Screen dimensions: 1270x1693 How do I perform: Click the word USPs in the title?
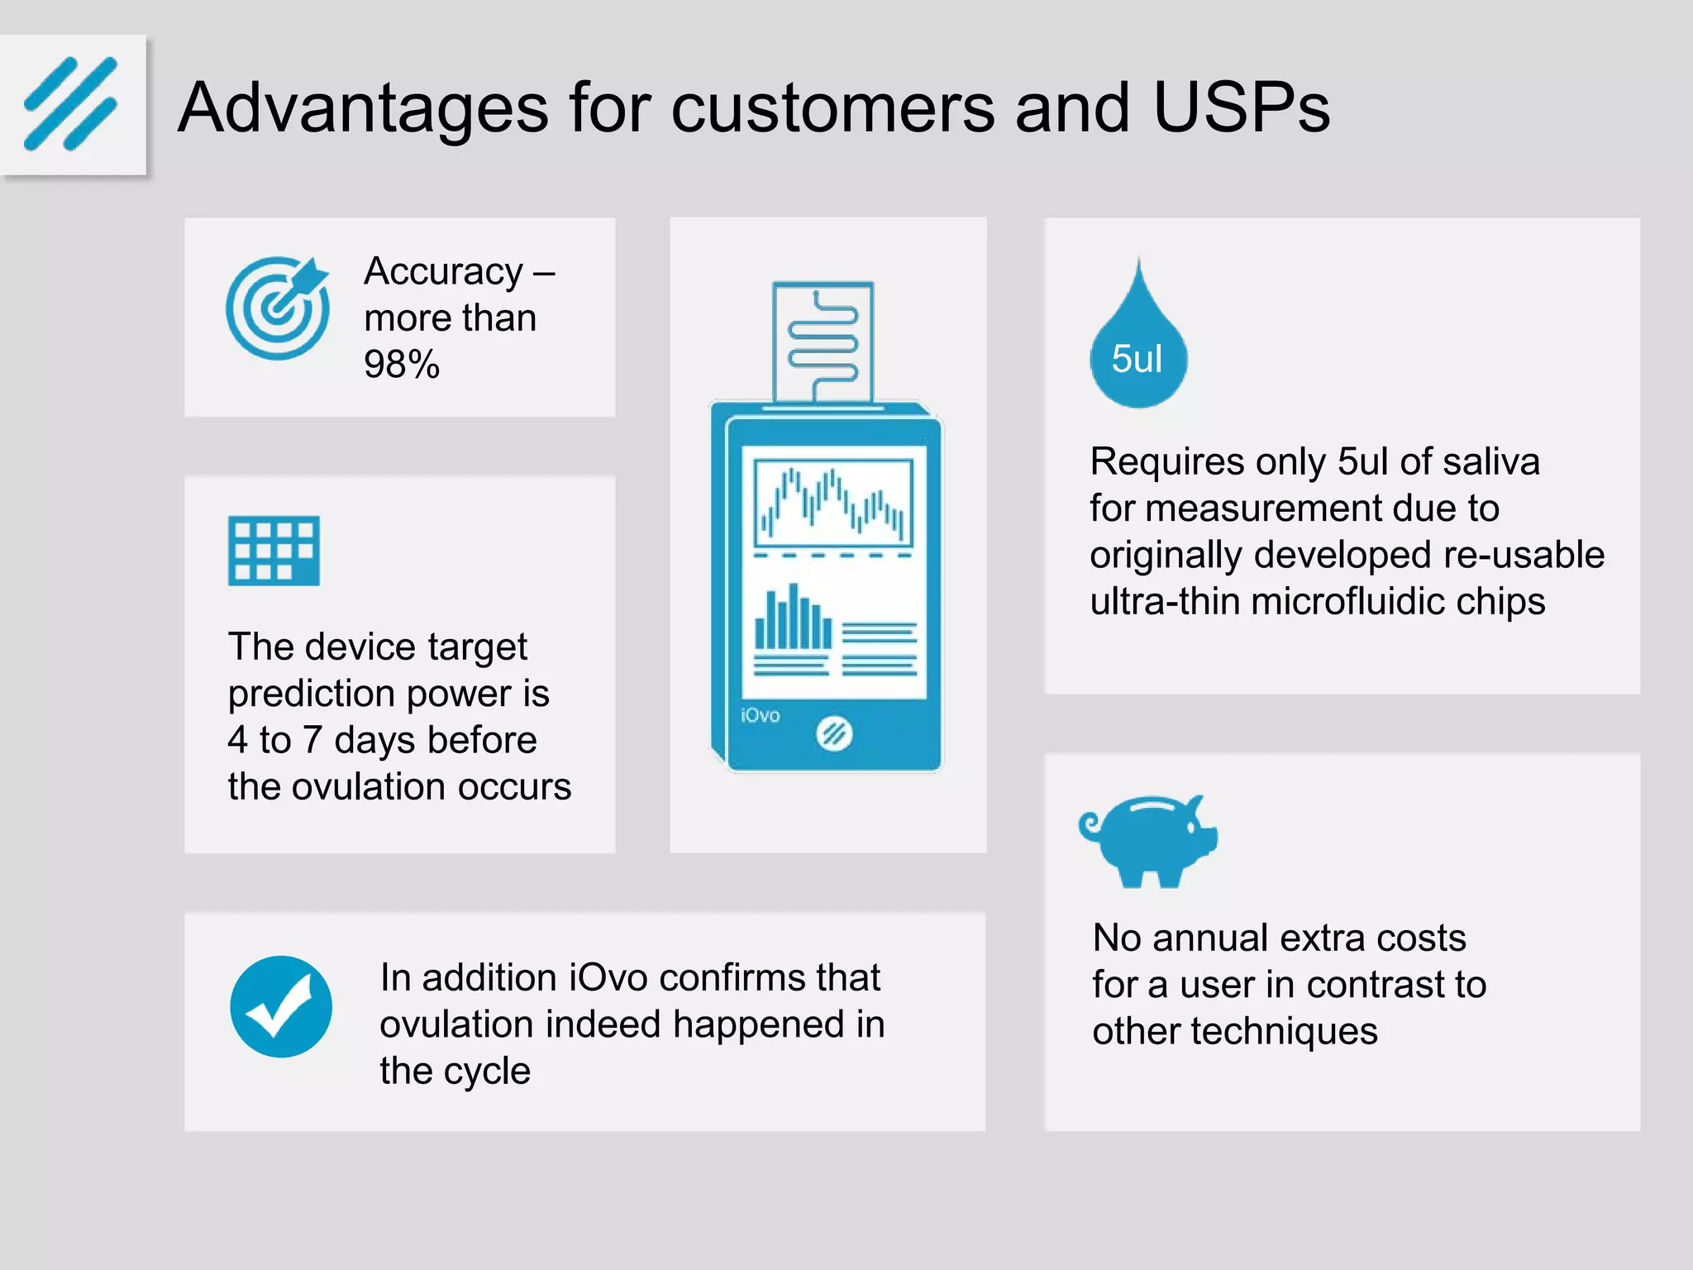(1241, 107)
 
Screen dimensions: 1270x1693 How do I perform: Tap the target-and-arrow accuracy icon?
(278, 308)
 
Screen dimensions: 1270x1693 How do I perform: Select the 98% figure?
(402, 365)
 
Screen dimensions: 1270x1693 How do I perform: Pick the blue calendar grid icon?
(274, 551)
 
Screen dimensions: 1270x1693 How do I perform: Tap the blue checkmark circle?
(281, 1007)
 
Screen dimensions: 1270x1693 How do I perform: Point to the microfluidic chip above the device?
(823, 341)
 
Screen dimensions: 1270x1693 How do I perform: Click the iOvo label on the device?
(760, 715)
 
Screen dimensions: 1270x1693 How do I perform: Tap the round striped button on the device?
(834, 733)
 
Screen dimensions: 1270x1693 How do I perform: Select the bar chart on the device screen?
(793, 618)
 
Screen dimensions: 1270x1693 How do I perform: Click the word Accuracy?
(444, 271)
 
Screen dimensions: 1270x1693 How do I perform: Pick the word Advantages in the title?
(364, 107)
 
